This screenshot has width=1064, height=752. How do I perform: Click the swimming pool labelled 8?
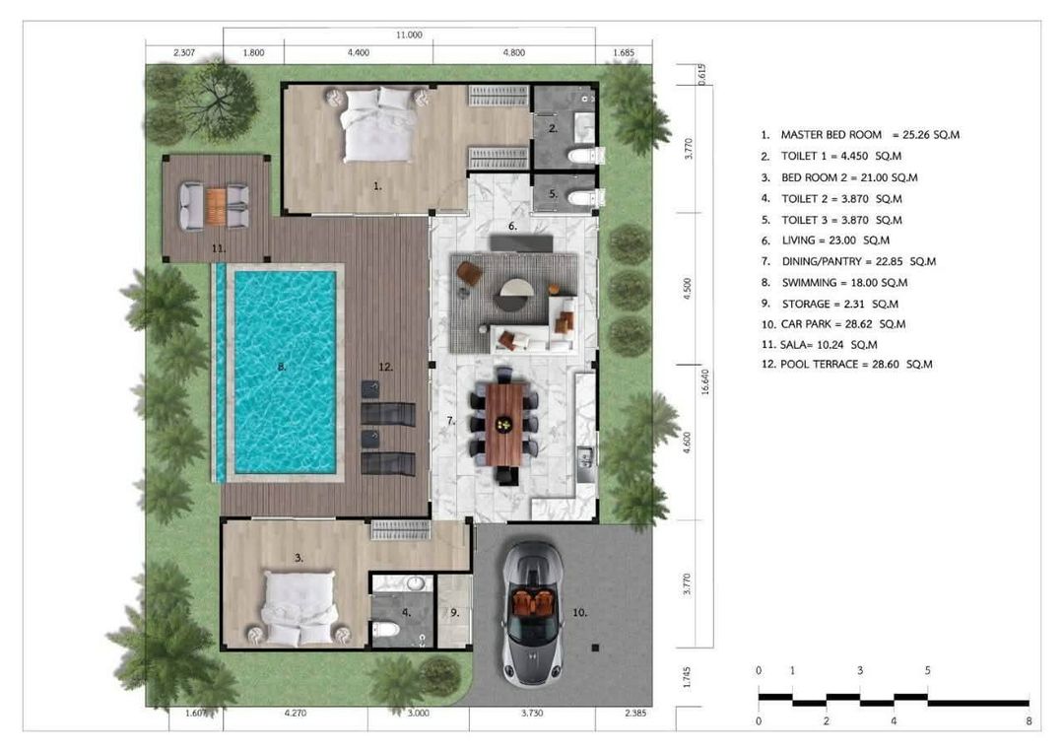tap(285, 372)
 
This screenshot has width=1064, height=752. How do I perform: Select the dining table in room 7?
tap(504, 424)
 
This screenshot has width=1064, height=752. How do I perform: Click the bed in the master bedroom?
tap(378, 124)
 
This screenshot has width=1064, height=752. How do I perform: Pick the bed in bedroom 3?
tap(299, 608)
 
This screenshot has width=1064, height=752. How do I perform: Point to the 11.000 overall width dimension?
tap(409, 34)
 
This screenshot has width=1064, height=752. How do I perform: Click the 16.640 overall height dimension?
tap(705, 382)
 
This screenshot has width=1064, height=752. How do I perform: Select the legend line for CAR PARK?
tap(833, 324)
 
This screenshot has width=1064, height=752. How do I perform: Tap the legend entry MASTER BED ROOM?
tap(860, 135)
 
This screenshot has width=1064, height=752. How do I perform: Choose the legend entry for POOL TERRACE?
tap(847, 365)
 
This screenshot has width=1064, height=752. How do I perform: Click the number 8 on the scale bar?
tap(1030, 721)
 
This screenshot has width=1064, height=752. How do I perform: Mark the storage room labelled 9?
tap(454, 611)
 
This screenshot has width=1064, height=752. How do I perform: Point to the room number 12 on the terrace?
tap(385, 368)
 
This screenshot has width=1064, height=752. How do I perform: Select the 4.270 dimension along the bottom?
tap(296, 714)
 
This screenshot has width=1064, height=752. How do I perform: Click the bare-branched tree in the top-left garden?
tap(219, 101)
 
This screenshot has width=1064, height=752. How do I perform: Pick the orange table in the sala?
tap(216, 206)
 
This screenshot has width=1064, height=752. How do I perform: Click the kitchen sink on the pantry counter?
tap(585, 456)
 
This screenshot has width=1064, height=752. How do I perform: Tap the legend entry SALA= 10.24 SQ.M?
tap(819, 345)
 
